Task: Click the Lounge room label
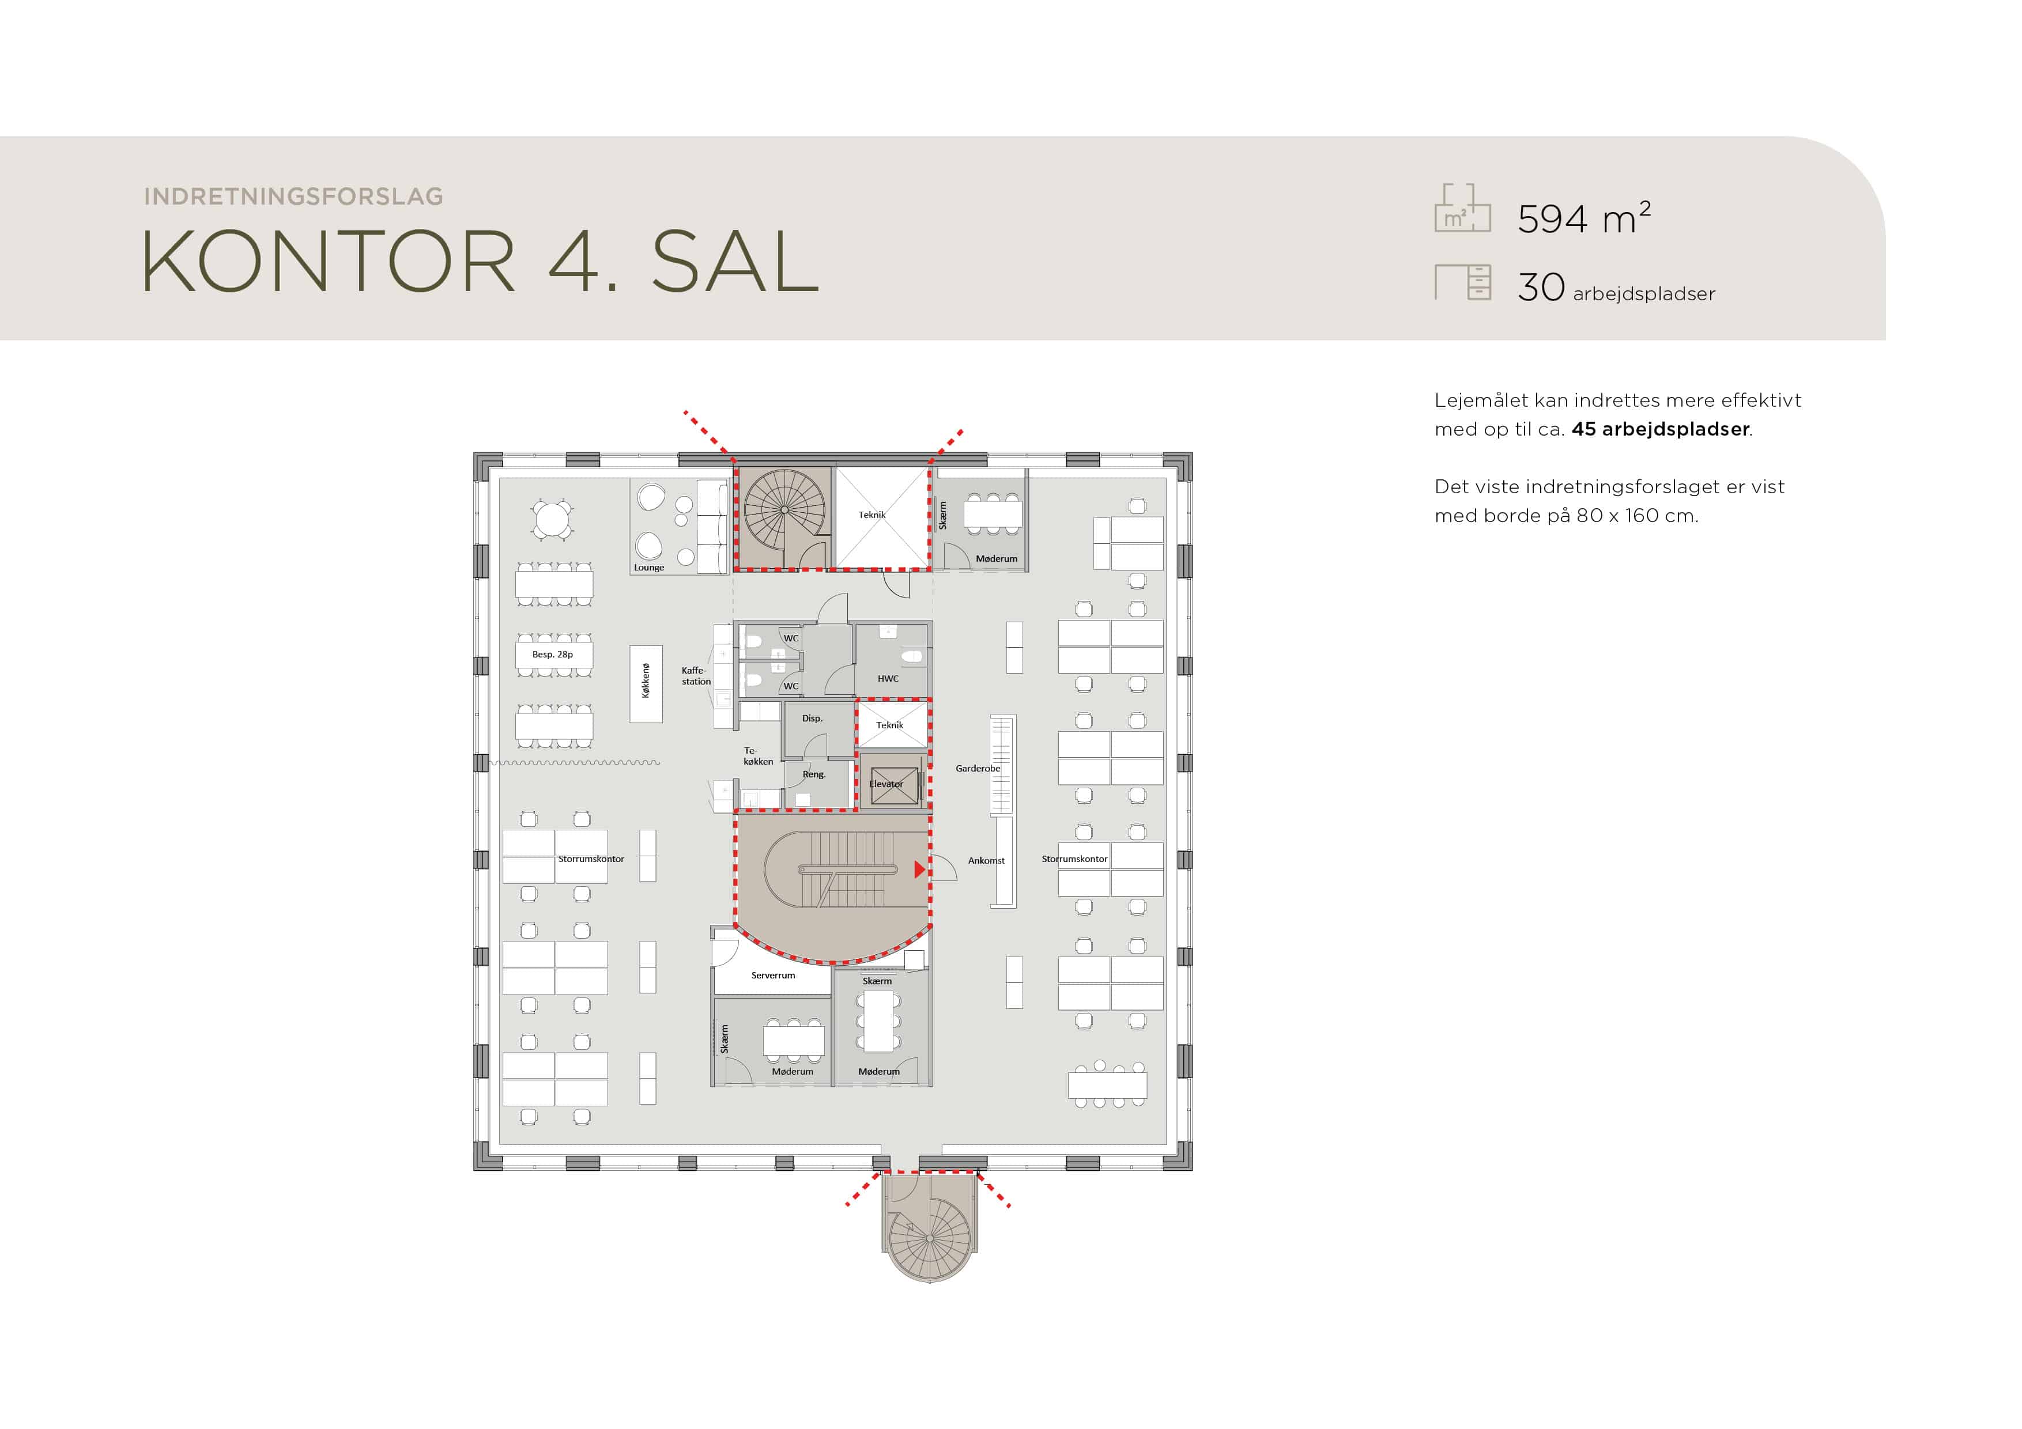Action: click(x=649, y=568)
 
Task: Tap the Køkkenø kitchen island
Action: click(x=646, y=684)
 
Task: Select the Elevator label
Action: click(x=886, y=784)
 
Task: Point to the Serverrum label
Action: click(x=772, y=976)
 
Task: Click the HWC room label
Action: click(x=888, y=679)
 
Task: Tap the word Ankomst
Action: click(x=986, y=861)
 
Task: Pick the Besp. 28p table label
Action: click(x=552, y=654)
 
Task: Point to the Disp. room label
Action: click(x=812, y=719)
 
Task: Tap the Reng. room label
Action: click(x=814, y=775)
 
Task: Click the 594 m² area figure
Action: click(x=1583, y=218)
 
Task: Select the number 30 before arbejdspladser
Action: click(x=1540, y=287)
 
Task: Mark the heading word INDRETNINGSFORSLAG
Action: click(x=293, y=196)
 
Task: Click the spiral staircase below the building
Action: click(x=929, y=1237)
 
